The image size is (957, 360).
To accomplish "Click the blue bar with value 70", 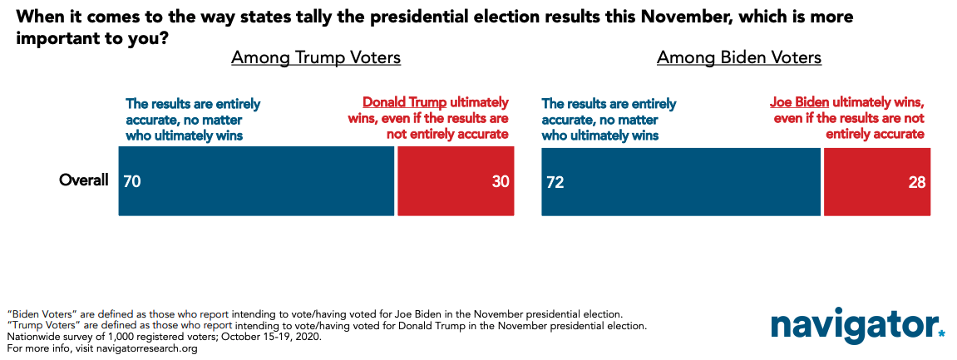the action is (x=256, y=180).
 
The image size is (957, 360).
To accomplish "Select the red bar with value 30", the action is (x=456, y=180).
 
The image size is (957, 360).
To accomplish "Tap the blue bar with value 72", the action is (x=680, y=180).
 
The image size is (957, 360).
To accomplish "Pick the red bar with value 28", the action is (x=877, y=180).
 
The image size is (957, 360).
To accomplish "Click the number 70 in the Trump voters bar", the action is (x=132, y=181).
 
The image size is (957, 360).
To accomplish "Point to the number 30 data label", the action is (x=499, y=181).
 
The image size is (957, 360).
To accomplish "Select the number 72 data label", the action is (x=555, y=181).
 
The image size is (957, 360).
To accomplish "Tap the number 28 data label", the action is (x=917, y=181).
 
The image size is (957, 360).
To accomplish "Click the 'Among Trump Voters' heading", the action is (x=316, y=58).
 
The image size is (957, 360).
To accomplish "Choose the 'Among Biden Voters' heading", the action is (x=739, y=58).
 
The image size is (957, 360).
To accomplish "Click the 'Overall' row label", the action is (x=84, y=180).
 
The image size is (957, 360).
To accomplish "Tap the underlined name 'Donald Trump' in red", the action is (x=405, y=102).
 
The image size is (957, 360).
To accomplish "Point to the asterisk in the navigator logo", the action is (x=942, y=334).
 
